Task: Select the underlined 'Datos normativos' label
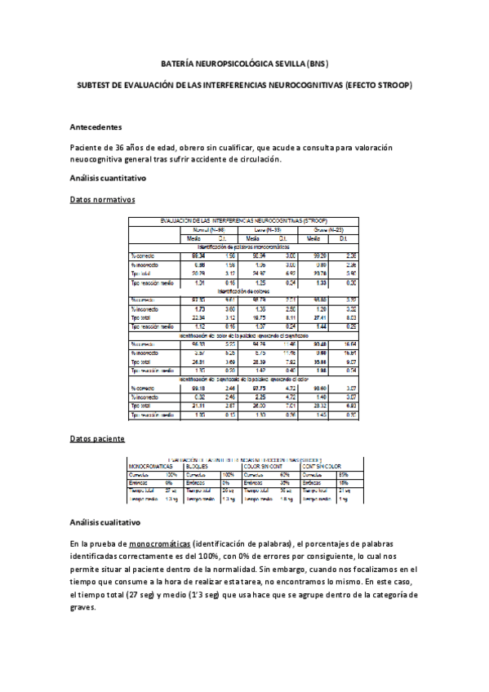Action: pyautogui.click(x=104, y=199)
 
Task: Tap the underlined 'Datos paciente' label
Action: pyautogui.click(x=98, y=438)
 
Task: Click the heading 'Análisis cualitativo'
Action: pyautogui.click(x=106, y=521)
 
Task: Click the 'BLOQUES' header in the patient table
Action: pyautogui.click(x=198, y=467)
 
